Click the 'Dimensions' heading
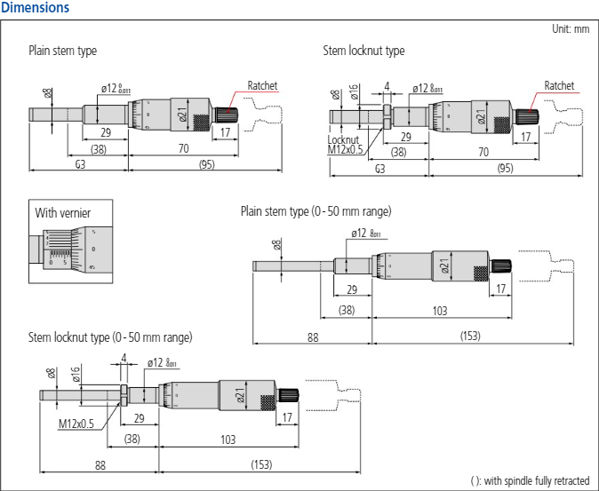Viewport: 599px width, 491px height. coord(36,8)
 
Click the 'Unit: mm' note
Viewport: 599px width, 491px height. coord(570,29)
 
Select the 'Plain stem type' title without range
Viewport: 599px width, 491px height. coord(62,51)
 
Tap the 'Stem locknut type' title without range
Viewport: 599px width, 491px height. coord(363,51)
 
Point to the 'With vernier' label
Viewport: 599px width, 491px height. coord(63,213)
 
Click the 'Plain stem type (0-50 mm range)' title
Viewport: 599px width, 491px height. coord(315,211)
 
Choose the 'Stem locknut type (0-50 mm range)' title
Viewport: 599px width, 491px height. coord(110,337)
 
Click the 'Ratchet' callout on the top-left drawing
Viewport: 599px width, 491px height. coord(262,86)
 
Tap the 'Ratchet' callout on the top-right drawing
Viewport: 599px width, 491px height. coord(559,86)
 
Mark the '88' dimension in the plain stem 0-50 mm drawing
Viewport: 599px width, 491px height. coord(312,337)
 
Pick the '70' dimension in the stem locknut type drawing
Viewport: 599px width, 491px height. coord(483,152)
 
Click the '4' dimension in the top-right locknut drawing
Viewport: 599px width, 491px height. coord(387,86)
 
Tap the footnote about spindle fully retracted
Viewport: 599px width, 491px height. coord(530,480)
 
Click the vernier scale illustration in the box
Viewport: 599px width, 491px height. coord(71,248)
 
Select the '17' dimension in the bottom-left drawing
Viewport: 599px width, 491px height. coord(287,416)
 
